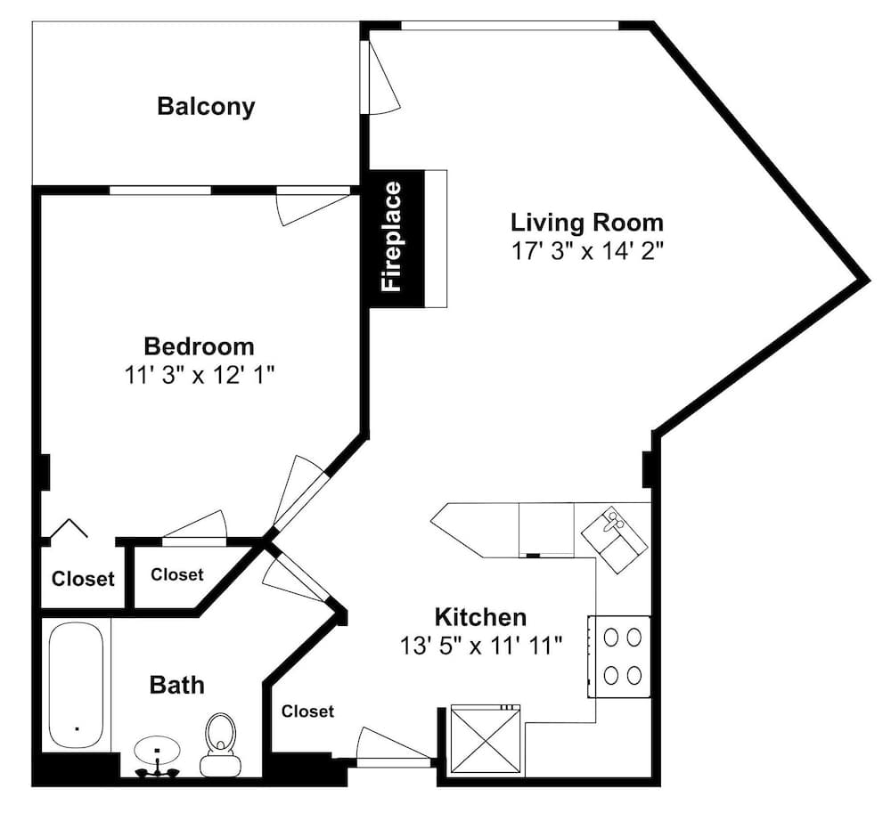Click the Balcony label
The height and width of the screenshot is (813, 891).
pyautogui.click(x=206, y=107)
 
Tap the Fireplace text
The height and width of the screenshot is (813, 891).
pyautogui.click(x=392, y=237)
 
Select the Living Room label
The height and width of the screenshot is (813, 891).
pyautogui.click(x=587, y=222)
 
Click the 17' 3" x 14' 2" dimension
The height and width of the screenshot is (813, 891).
pyautogui.click(x=587, y=250)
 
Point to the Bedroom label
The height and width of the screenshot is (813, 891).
pyautogui.click(x=199, y=346)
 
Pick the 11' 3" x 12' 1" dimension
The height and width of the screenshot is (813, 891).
pyautogui.click(x=200, y=375)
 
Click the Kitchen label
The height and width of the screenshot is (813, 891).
pyautogui.click(x=481, y=616)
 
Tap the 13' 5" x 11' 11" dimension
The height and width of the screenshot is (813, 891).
pyautogui.click(x=481, y=646)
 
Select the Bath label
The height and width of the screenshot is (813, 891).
pyautogui.click(x=176, y=686)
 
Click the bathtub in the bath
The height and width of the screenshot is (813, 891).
pyautogui.click(x=76, y=686)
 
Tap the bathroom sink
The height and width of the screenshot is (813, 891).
pyautogui.click(x=158, y=754)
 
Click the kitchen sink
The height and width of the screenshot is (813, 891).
pyautogui.click(x=614, y=540)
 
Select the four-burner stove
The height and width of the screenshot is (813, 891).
pyautogui.click(x=619, y=656)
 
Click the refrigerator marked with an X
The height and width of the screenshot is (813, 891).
pyautogui.click(x=486, y=738)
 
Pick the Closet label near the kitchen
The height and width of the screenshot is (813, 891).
pyautogui.click(x=307, y=711)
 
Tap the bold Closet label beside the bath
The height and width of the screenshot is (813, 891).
pyautogui.click(x=83, y=579)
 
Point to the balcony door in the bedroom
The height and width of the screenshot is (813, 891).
pyautogui.click(x=313, y=206)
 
